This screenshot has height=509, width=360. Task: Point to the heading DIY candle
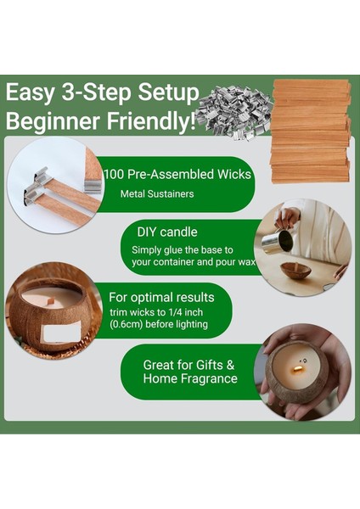coord(170,232)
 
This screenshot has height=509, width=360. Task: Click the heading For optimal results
coord(161,298)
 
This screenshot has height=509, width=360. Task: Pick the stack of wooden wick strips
coord(310,127)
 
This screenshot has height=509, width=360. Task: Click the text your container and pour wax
coord(191,262)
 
